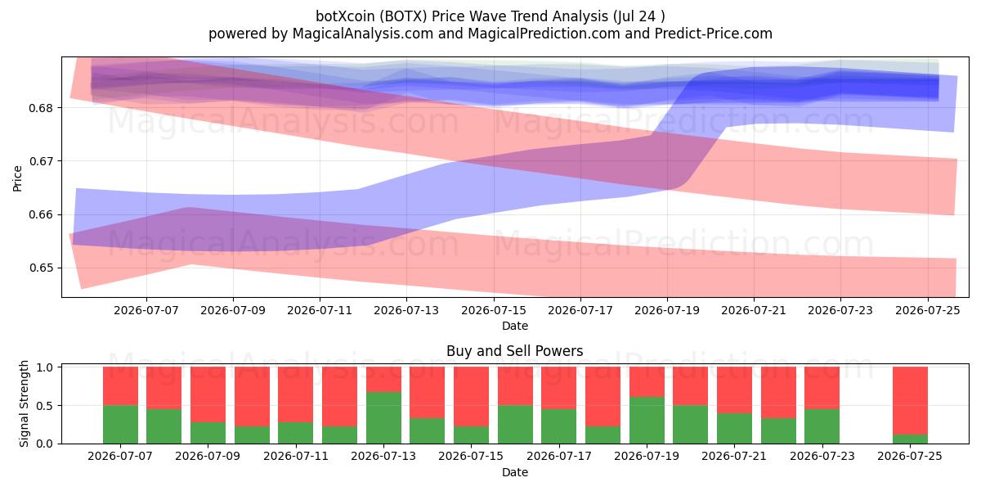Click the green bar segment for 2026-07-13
[x=383, y=417]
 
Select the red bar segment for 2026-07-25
[x=910, y=401]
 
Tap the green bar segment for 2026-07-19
[x=647, y=420]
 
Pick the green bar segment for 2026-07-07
[x=120, y=425]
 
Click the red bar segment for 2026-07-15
[x=471, y=397]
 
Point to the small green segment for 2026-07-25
[x=910, y=439]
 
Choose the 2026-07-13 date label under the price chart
[x=406, y=310]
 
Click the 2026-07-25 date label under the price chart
[x=928, y=310]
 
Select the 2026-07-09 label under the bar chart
[x=208, y=456]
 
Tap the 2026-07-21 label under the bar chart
[x=734, y=456]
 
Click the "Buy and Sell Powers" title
[x=514, y=351]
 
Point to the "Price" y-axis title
[x=17, y=178]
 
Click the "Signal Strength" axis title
[x=24, y=403]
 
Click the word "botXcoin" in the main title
[x=345, y=16]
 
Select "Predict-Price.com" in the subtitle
[x=714, y=34]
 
